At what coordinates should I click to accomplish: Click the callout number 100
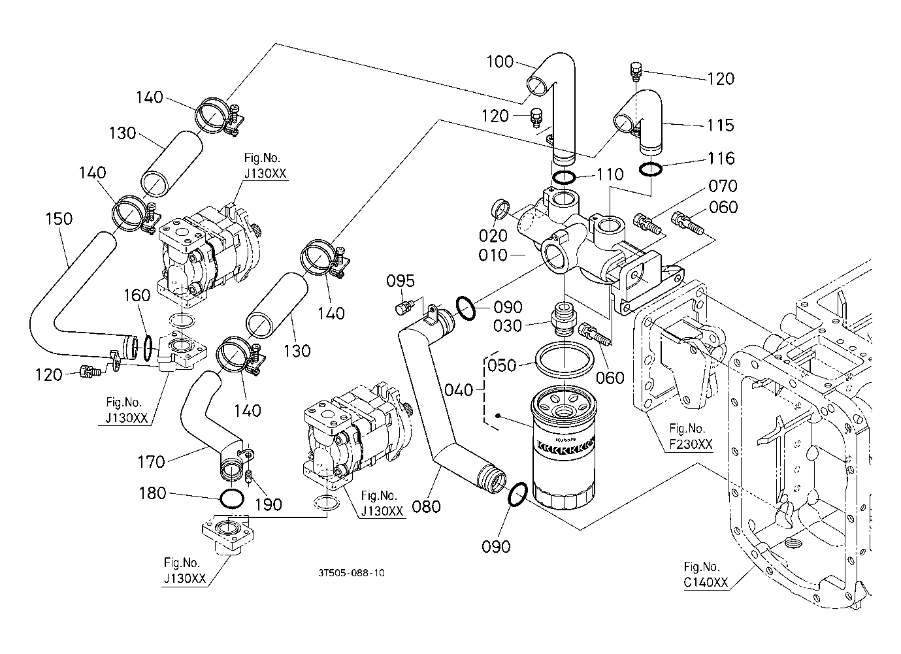click(x=500, y=63)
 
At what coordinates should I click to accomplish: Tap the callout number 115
click(x=721, y=125)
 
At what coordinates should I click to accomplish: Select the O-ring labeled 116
click(x=650, y=169)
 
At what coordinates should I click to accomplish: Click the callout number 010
click(x=493, y=255)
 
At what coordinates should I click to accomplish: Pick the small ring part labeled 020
click(x=500, y=210)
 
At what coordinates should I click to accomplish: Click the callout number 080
click(x=427, y=506)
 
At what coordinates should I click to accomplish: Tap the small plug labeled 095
click(x=403, y=306)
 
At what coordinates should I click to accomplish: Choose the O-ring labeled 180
click(x=232, y=499)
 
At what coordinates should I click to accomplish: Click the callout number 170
click(x=152, y=462)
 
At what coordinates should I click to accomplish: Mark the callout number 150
click(x=59, y=218)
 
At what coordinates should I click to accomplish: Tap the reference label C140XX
click(x=706, y=583)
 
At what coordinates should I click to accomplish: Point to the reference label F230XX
click(x=691, y=444)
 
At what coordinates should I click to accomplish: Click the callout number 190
click(x=268, y=504)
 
